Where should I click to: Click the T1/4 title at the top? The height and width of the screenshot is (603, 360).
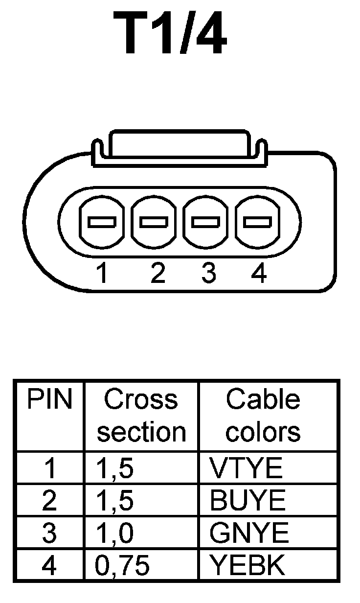coord(170,33)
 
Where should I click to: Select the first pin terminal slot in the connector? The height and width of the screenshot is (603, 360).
coord(102,222)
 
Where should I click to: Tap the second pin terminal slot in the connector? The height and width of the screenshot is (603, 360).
coord(154,222)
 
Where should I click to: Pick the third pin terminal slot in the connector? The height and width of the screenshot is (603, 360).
coord(205,222)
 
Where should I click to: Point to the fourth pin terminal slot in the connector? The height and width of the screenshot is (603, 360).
coord(257,222)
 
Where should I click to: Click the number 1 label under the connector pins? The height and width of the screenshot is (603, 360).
coord(102,274)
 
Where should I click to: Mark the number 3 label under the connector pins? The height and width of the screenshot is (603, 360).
coord(208,274)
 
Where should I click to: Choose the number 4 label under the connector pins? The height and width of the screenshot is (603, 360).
coord(259,274)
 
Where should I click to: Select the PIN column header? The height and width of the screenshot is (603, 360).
coord(49,400)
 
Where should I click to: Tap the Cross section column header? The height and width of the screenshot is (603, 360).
coord(141,416)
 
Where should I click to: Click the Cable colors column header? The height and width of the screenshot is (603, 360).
coord(263,416)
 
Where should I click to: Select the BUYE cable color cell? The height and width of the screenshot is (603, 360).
coord(247,501)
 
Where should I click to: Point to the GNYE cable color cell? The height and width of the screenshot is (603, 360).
coord(249,533)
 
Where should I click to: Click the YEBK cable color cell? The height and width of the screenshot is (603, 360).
coord(247,565)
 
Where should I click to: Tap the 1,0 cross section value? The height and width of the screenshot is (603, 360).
coord(113,533)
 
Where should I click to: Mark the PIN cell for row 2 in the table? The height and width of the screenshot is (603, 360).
coord(49,501)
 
